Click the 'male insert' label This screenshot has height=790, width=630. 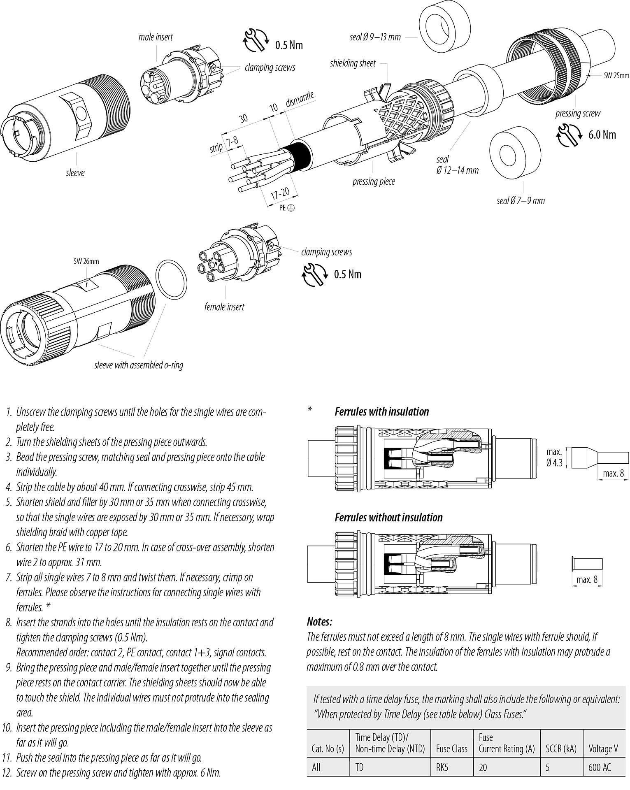[155, 37]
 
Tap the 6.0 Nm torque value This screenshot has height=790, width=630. [602, 135]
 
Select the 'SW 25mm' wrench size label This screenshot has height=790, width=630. [616, 75]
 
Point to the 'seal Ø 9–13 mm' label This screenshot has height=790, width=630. [375, 37]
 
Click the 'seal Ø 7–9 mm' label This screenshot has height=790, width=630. [521, 201]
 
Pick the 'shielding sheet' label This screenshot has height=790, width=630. [353, 63]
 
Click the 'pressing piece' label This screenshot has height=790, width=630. [373, 181]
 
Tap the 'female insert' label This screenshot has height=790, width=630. [224, 307]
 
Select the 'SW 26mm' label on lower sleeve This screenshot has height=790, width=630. [86, 261]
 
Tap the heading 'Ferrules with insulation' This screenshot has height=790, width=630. [381, 411]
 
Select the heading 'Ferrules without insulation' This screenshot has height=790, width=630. [388, 517]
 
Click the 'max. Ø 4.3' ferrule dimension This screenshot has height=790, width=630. [554, 457]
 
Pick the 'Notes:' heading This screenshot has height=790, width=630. [319, 621]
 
